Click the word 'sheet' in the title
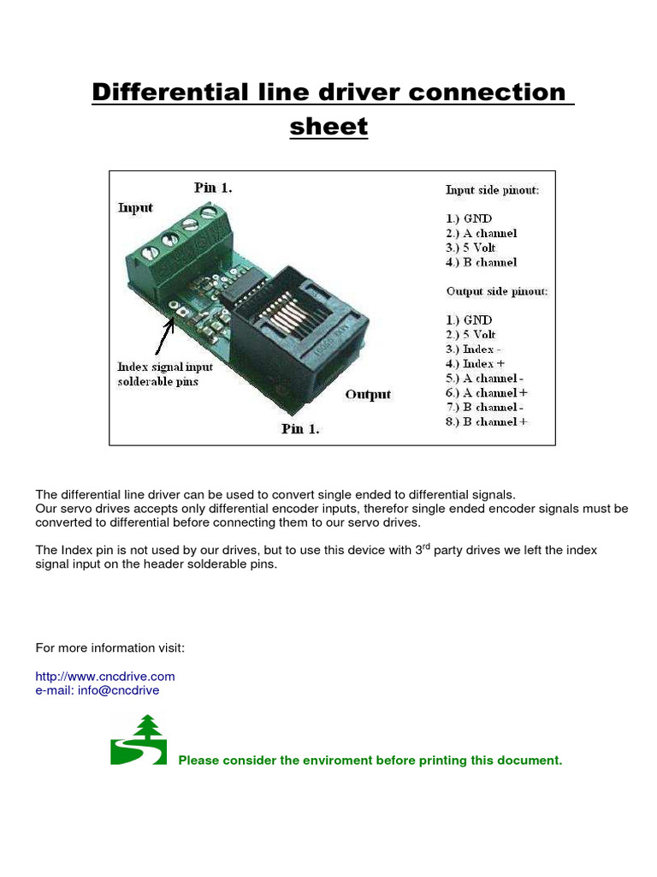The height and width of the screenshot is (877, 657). pos(328,127)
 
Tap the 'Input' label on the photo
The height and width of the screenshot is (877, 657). pos(135,207)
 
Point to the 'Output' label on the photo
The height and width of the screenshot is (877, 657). pos(368,394)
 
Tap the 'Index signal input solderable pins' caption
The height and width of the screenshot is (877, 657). pos(165,374)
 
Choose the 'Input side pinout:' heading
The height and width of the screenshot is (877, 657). pos(492,190)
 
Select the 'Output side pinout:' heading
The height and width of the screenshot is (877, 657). pos(496,291)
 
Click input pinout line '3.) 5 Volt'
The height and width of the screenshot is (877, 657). pos(471,248)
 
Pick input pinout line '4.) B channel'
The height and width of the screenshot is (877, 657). pos(481,262)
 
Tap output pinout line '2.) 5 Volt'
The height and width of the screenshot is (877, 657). pos(471,335)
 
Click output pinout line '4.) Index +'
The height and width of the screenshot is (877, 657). pos(476,364)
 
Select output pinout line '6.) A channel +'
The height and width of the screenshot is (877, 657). pos(486,392)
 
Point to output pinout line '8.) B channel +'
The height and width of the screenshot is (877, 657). pos(486,421)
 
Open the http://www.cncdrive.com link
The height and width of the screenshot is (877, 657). pos(104,676)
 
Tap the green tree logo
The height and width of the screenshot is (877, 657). pos(139,740)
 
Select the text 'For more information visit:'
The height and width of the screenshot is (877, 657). pos(109,647)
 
